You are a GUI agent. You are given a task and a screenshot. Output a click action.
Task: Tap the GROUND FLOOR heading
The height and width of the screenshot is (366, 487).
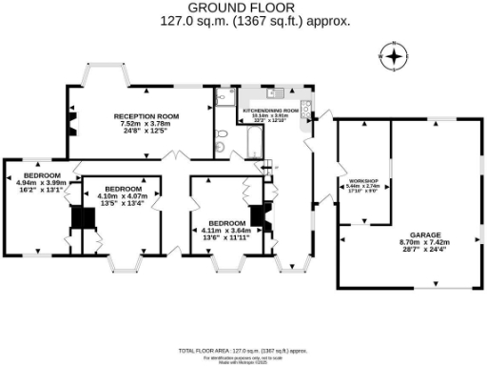[x=243, y=8]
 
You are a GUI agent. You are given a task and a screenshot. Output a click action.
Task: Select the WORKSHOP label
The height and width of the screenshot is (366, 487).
[x=363, y=181]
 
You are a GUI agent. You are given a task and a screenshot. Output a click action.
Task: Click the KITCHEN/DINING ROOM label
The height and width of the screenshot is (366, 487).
[x=278, y=112]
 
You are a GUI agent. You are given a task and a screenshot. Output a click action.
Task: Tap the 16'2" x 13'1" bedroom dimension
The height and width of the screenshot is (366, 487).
[x=43, y=190]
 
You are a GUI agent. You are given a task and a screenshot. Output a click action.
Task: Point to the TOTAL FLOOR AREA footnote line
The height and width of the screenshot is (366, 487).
[x=243, y=351]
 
